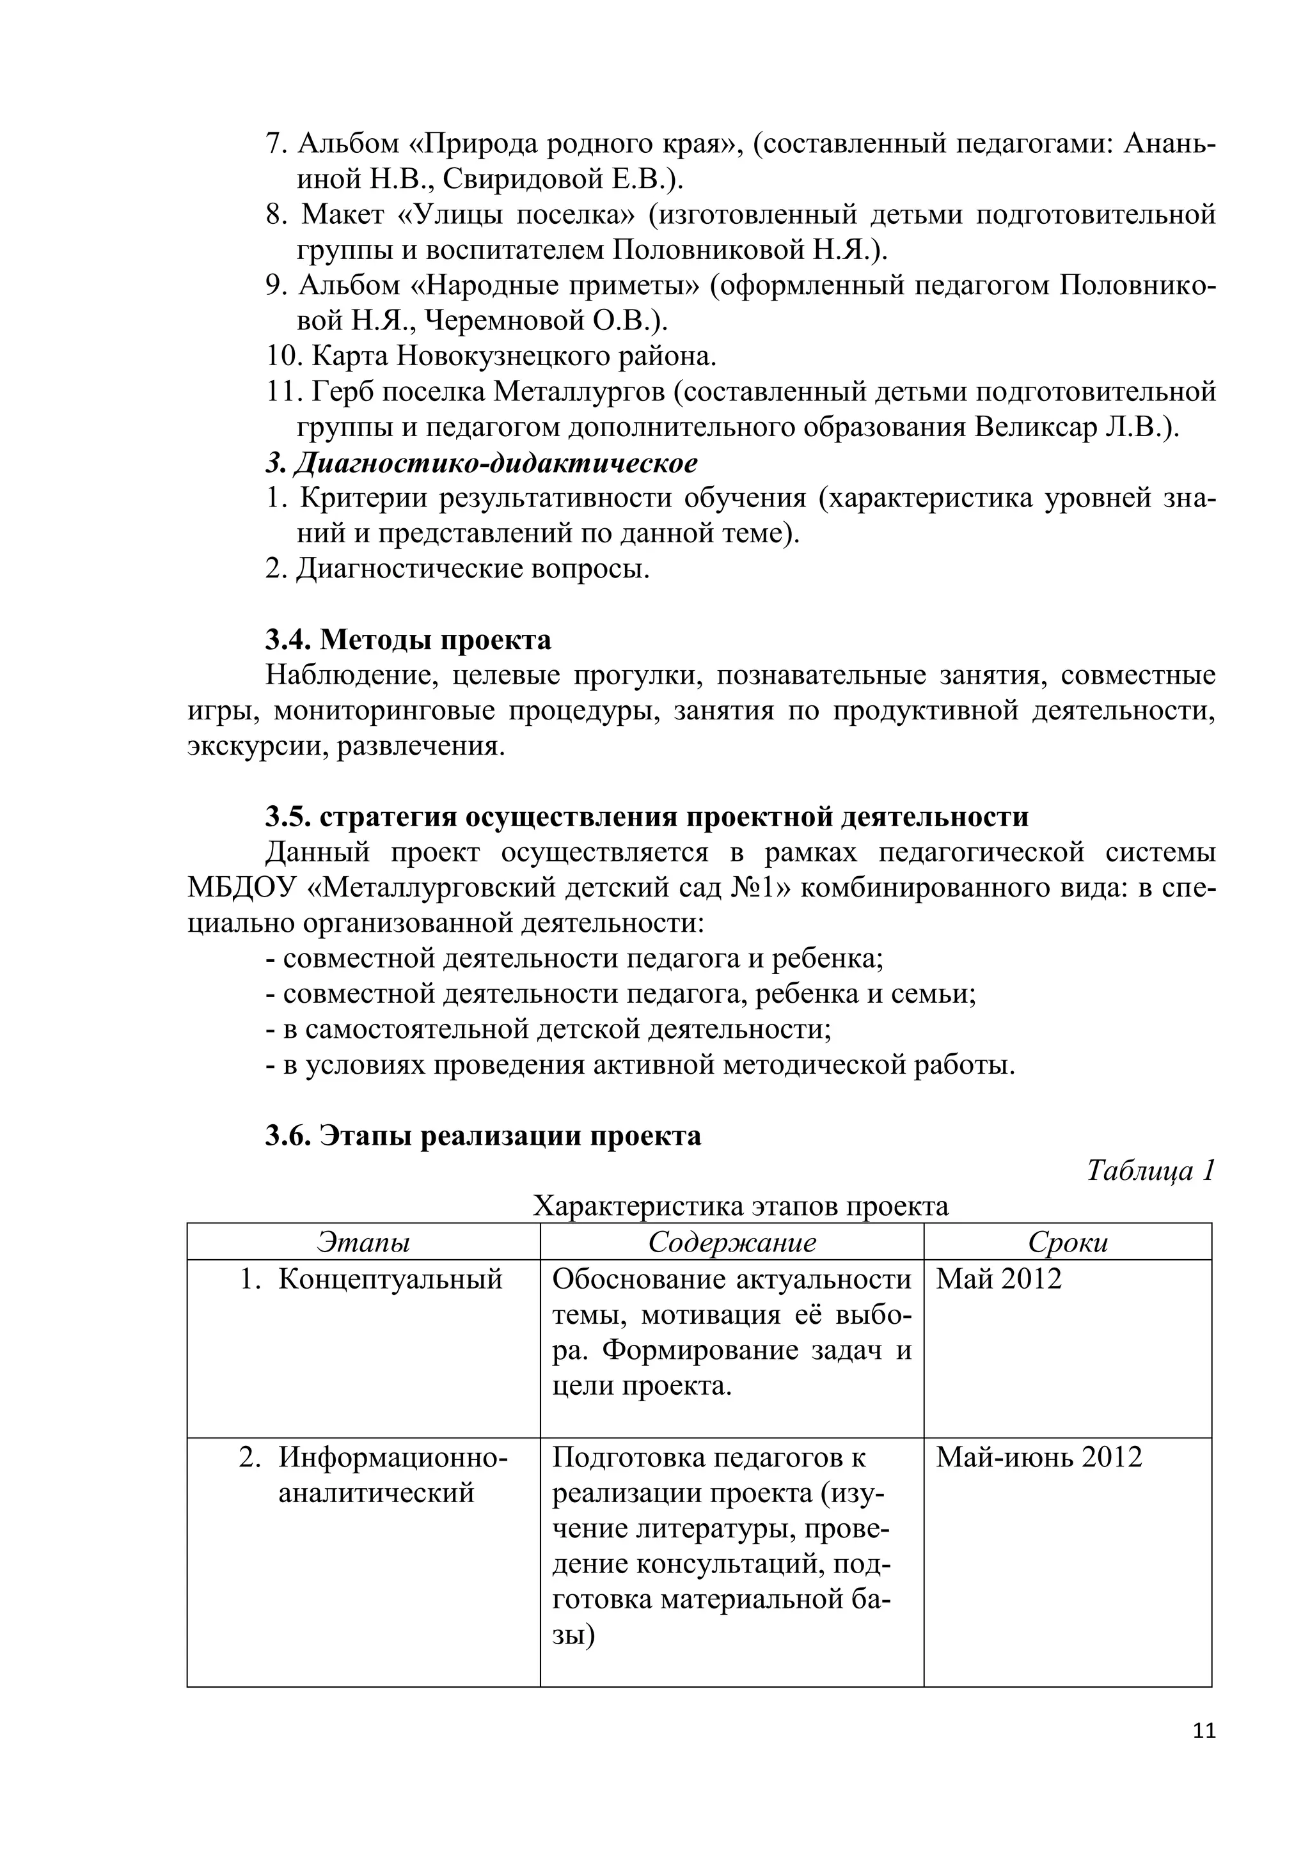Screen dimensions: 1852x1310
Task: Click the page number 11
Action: [x=1204, y=1731]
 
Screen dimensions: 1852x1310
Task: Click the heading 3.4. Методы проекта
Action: [x=408, y=640]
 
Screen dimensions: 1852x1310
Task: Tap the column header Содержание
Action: [x=732, y=1242]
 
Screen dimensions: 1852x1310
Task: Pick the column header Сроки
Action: [x=1067, y=1242]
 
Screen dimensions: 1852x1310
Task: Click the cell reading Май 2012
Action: [x=998, y=1279]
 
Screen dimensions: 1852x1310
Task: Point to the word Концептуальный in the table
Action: [x=390, y=1279]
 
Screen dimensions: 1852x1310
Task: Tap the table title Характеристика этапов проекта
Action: [x=741, y=1206]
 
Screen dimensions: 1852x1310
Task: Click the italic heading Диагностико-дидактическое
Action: [x=494, y=463]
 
